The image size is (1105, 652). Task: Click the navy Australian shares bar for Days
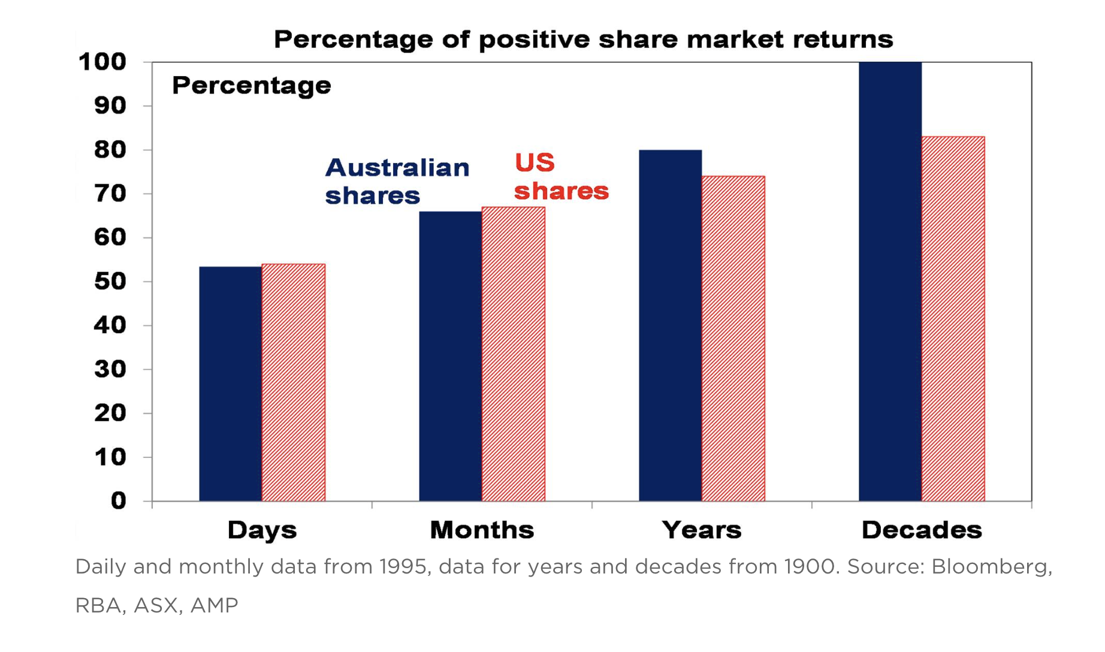(x=231, y=384)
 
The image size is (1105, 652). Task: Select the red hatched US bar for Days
(x=294, y=382)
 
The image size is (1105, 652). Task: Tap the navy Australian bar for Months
(x=451, y=356)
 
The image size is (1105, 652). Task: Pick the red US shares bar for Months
(x=514, y=354)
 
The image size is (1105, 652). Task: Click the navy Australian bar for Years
(x=671, y=325)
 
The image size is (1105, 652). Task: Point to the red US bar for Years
(x=733, y=339)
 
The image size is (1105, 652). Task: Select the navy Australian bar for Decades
(x=890, y=282)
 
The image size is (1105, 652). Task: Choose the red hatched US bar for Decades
(x=953, y=319)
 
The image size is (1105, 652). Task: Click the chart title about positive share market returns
(x=583, y=40)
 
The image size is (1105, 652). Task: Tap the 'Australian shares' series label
(x=397, y=182)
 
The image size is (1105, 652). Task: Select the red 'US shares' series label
(x=561, y=177)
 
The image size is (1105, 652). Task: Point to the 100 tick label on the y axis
(x=102, y=62)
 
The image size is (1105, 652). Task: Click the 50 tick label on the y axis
(x=110, y=282)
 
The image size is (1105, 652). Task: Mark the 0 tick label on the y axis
(x=119, y=501)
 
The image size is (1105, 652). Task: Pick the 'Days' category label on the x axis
(x=262, y=530)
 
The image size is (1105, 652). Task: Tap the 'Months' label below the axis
(x=482, y=530)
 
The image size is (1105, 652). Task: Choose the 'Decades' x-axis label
(x=922, y=530)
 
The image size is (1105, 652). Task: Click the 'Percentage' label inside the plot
(x=252, y=86)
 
